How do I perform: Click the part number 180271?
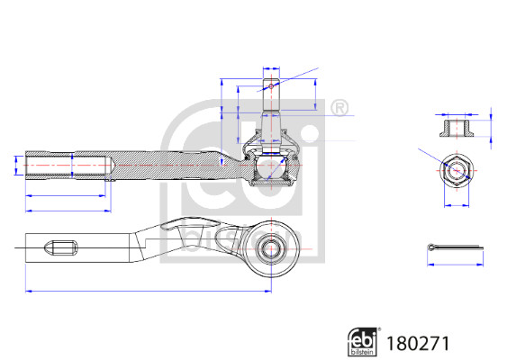click(418, 344)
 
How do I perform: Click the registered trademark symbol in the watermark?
click(340, 108)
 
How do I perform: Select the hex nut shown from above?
click(457, 170)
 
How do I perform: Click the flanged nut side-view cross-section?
click(457, 129)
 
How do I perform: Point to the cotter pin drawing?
click(456, 247)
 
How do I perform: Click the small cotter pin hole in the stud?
click(271, 86)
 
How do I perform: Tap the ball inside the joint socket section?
click(271, 166)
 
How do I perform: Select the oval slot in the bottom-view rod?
click(61, 247)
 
